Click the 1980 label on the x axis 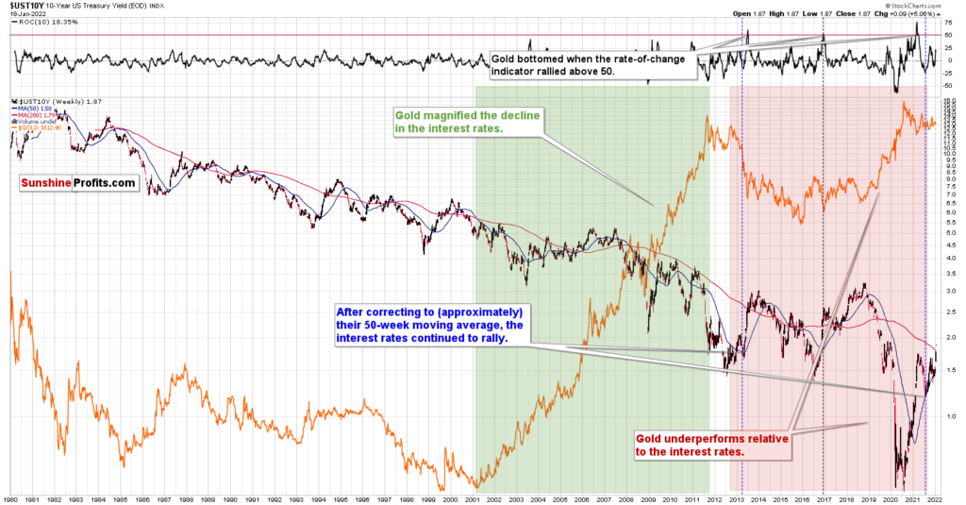[x=10, y=497]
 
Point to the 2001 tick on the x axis [x=474, y=497]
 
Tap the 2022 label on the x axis [x=935, y=497]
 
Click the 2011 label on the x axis [x=693, y=497]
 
